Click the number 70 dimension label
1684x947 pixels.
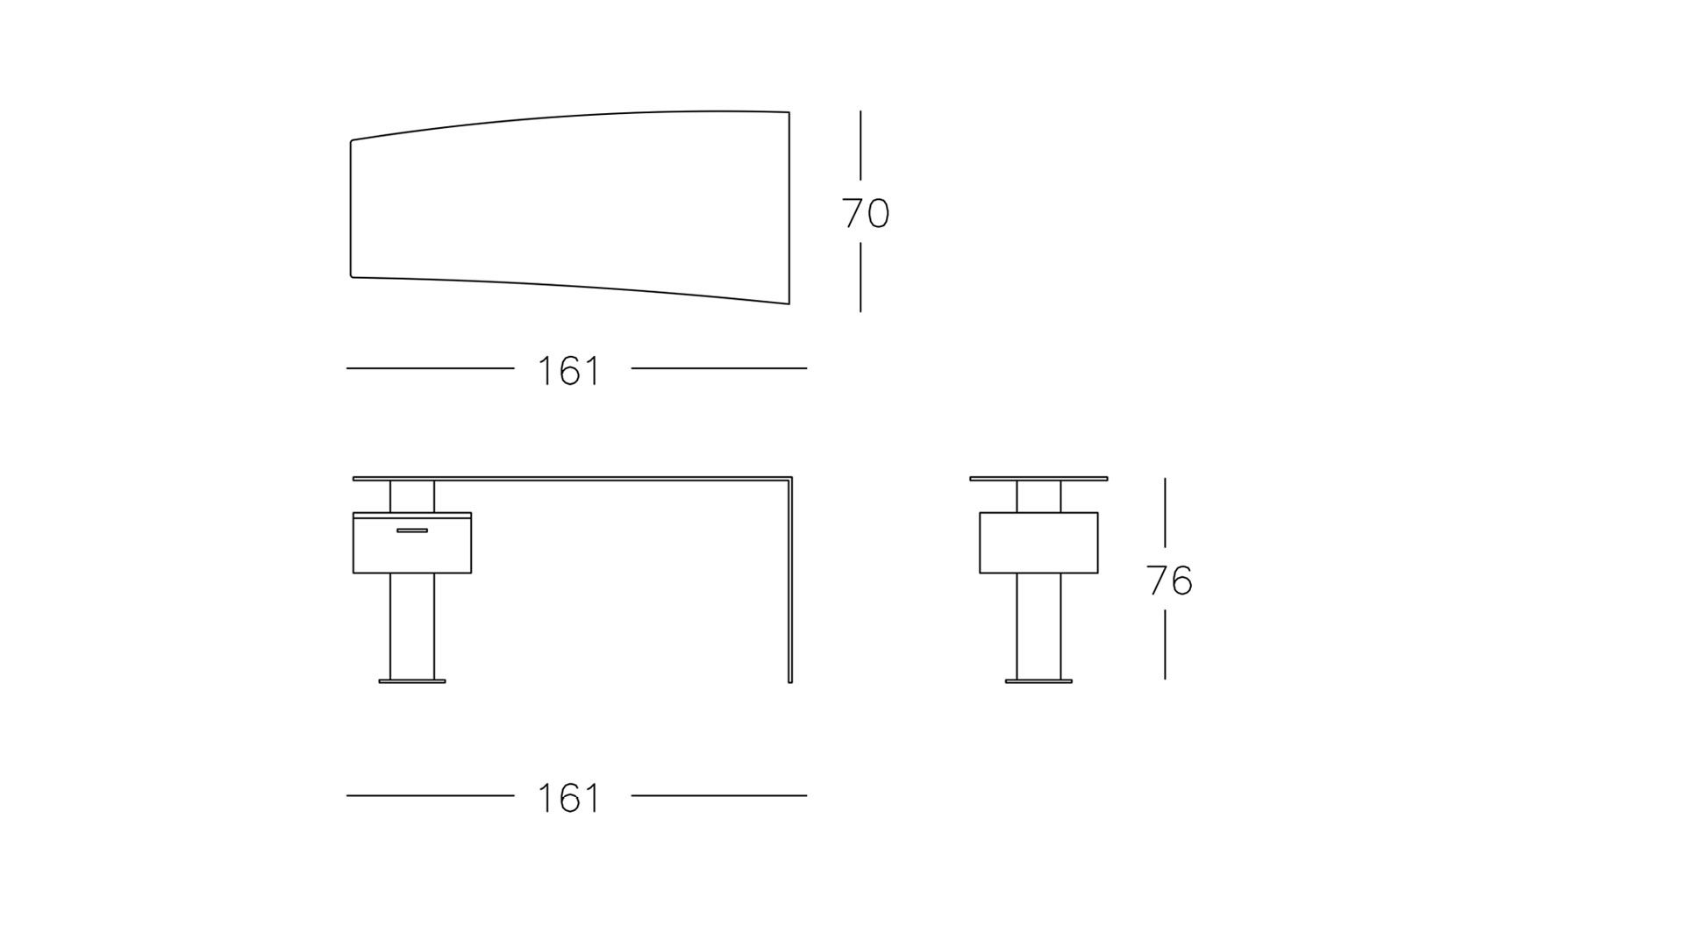pyautogui.click(x=866, y=214)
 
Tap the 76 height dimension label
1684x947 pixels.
pyautogui.click(x=1170, y=580)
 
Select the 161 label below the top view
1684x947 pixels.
pyautogui.click(x=568, y=371)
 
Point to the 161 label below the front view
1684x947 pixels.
pyautogui.click(x=568, y=799)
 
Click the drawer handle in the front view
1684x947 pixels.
pyautogui.click(x=412, y=530)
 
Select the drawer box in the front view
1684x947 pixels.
pyautogui.click(x=412, y=543)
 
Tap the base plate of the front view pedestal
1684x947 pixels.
pyautogui.click(x=412, y=680)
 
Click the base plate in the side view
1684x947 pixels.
pyautogui.click(x=1038, y=680)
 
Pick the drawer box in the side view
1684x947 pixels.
pyautogui.click(x=1038, y=543)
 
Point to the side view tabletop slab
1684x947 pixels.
pyautogui.click(x=1038, y=479)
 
